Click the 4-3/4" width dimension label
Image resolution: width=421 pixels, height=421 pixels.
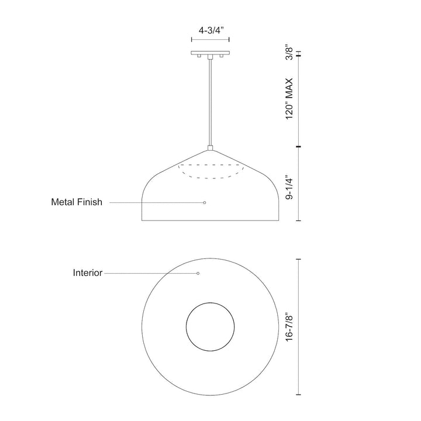pos(211,30)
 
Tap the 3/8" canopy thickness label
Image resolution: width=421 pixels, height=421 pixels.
pos(289,52)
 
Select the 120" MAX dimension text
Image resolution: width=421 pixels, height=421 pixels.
pos(289,99)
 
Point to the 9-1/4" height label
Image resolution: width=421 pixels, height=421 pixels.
pos(289,188)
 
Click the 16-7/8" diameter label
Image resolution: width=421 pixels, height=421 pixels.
pos(289,327)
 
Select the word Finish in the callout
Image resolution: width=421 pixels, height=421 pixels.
pos(89,202)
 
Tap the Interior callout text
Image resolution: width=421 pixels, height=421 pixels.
pos(88,273)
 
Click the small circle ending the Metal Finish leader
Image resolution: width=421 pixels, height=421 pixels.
pos(205,202)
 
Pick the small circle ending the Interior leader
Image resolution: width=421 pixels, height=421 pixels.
pos(198,273)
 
